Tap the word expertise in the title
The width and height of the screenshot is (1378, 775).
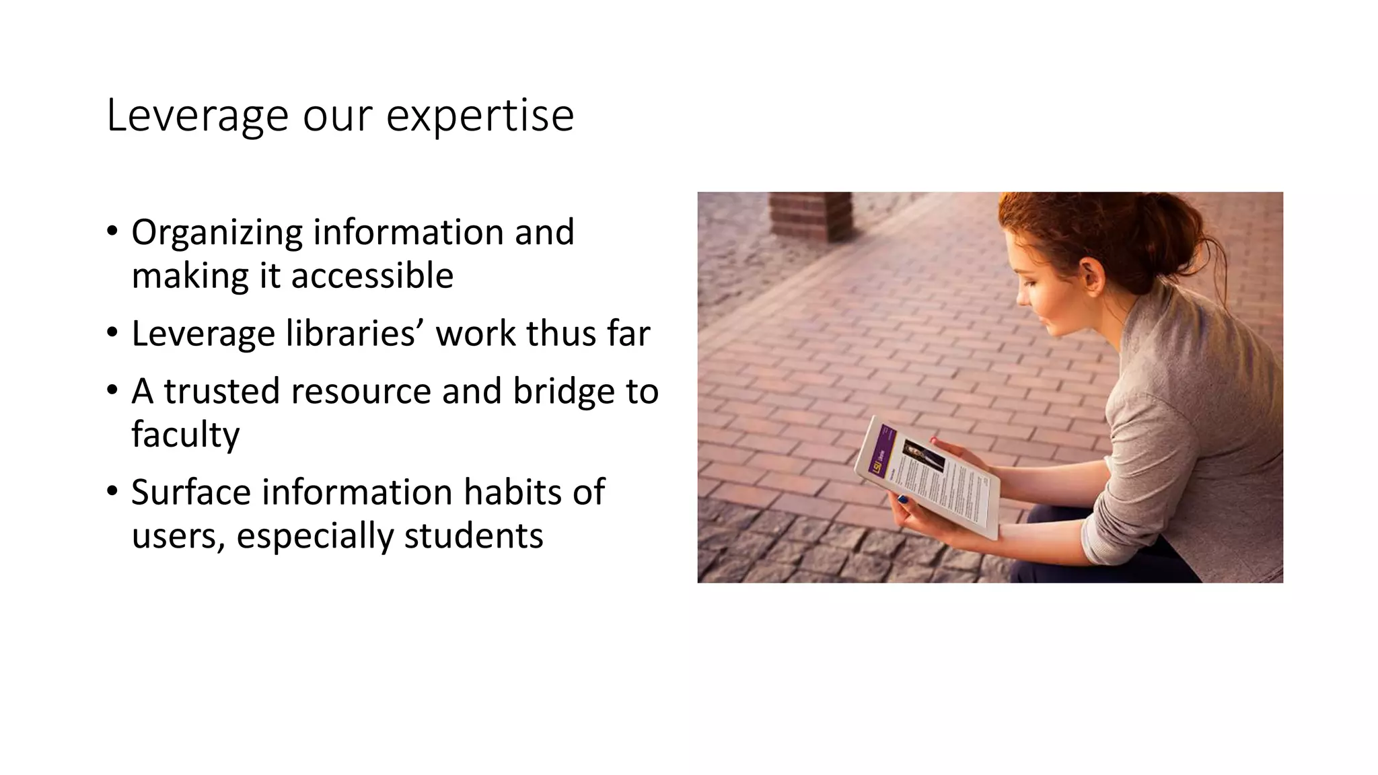[x=480, y=116]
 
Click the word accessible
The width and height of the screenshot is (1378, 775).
[x=372, y=276]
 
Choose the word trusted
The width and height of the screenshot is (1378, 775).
[x=221, y=392]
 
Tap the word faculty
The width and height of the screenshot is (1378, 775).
[x=185, y=435]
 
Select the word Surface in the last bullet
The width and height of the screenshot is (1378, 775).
[x=190, y=492]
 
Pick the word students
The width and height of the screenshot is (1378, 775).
[x=473, y=536]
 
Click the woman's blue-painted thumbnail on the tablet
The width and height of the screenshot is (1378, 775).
[x=902, y=499]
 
